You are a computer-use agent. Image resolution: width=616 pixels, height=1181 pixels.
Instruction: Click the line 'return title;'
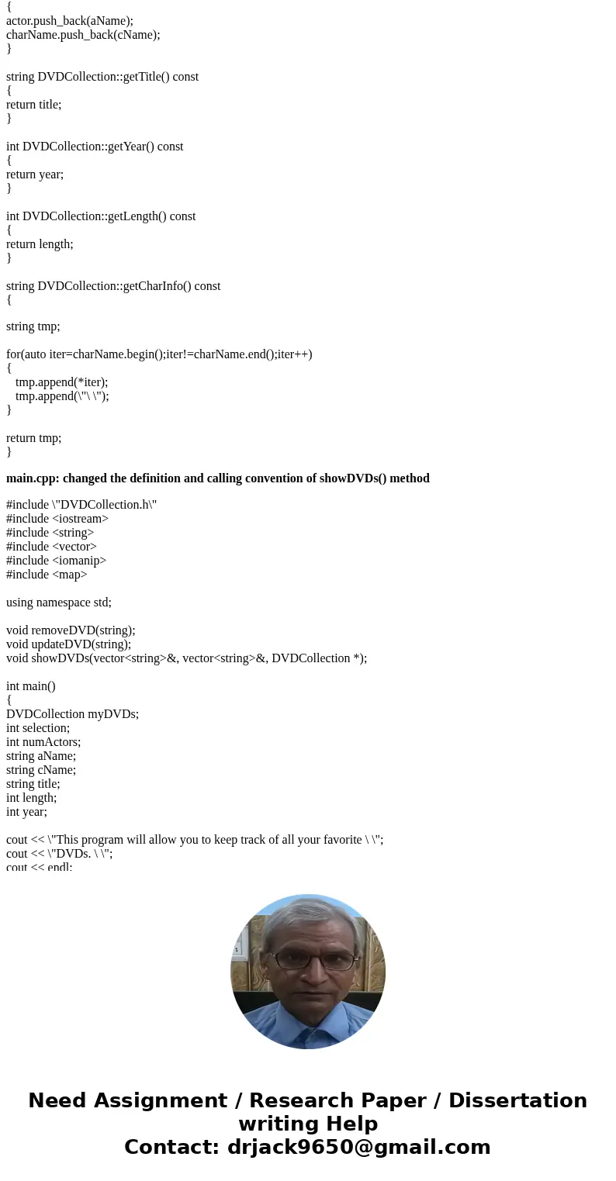click(33, 105)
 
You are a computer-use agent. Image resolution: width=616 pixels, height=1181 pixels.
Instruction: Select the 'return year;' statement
click(35, 174)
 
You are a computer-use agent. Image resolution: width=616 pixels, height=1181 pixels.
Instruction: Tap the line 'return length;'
click(40, 244)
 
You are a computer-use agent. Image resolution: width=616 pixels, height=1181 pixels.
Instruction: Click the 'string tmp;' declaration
click(33, 326)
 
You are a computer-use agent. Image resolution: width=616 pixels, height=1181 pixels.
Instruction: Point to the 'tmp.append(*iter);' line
click(61, 382)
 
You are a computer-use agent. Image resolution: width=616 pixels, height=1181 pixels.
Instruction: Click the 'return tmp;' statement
click(33, 438)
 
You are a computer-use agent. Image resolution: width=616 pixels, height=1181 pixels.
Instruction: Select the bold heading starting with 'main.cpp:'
click(217, 478)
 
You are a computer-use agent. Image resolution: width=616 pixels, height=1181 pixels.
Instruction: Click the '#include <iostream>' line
click(57, 519)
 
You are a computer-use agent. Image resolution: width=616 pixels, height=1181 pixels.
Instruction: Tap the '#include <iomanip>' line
click(56, 561)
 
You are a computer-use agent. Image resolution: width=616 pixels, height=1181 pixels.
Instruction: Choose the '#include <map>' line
click(47, 575)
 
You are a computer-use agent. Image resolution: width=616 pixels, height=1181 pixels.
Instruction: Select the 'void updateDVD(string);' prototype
click(68, 644)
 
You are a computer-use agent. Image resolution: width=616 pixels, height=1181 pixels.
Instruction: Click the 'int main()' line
click(31, 686)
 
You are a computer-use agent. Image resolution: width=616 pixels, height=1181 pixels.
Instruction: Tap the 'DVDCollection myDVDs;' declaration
click(72, 714)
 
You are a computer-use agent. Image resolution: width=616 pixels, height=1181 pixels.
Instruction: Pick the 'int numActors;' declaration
click(43, 742)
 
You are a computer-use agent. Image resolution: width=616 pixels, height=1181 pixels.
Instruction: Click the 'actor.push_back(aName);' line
click(70, 21)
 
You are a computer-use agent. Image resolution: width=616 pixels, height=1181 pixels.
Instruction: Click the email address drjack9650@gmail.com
click(358, 1147)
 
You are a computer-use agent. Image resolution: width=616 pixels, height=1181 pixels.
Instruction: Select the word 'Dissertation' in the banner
click(517, 1100)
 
